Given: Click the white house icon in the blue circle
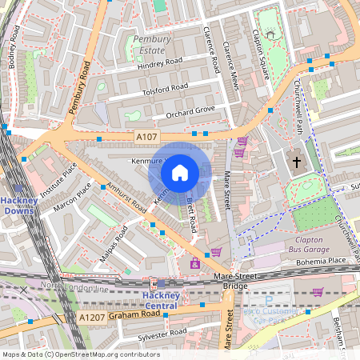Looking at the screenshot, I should click(180, 172).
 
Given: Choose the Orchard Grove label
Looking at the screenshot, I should click(190, 112).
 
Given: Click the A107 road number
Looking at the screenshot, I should click(146, 138).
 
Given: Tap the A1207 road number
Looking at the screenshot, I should click(92, 318).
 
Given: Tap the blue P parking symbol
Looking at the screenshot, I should click(267, 302).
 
